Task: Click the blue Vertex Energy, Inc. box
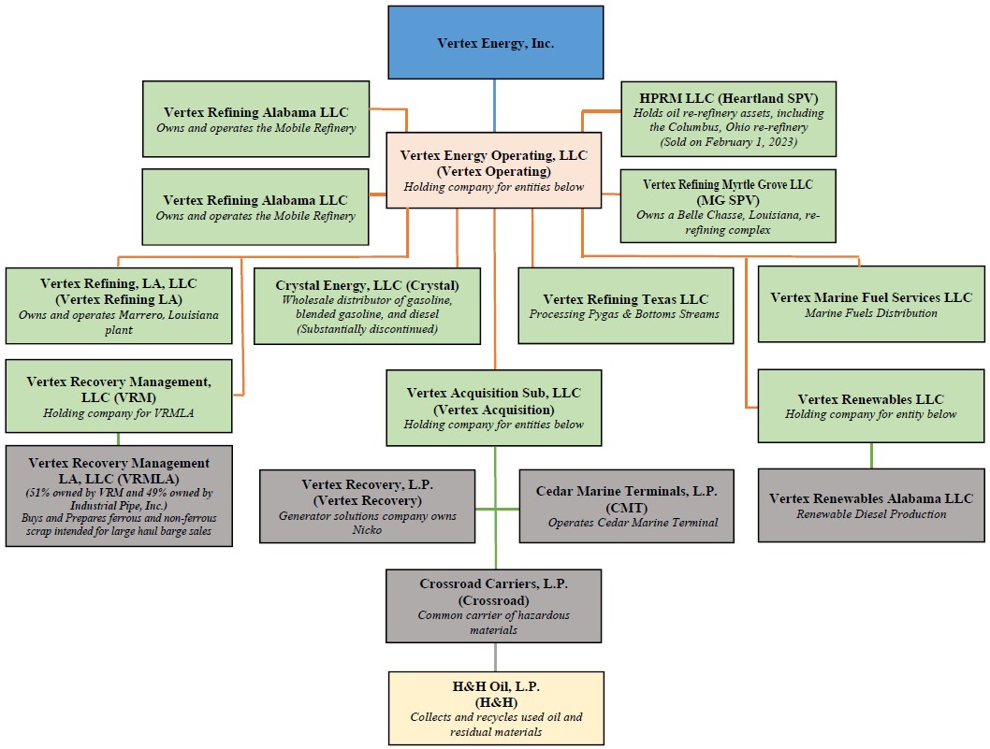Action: point(495,43)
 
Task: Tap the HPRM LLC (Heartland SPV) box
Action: point(728,119)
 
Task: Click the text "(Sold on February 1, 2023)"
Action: point(728,142)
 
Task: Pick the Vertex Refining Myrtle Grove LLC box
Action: point(728,206)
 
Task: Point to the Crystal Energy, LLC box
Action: point(366,306)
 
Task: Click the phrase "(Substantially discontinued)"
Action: point(367,329)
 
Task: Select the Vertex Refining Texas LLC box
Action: point(625,306)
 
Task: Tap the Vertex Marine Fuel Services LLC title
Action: point(871,297)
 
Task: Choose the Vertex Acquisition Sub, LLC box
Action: point(494,408)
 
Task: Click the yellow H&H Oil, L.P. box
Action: point(496,708)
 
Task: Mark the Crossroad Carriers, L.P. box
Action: point(494,606)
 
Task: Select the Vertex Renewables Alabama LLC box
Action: point(871,505)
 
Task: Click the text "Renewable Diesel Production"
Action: point(871,513)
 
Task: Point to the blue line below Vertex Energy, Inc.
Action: point(495,105)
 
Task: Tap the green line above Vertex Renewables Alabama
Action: point(871,455)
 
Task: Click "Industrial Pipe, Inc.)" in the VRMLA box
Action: point(119,505)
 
